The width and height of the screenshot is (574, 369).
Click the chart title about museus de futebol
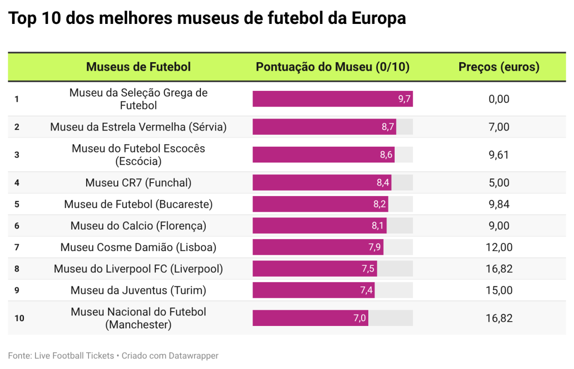207,19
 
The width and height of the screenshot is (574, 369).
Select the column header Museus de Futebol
138,67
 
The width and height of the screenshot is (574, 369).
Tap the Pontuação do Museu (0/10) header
332,67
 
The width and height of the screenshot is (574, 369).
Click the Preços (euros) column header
499,67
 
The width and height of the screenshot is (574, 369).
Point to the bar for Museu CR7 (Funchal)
321,183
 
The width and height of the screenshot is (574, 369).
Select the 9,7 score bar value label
404,99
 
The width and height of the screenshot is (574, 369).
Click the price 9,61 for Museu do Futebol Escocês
499,155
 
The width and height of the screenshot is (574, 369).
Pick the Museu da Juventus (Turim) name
138,290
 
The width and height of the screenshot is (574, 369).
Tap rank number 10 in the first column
19,318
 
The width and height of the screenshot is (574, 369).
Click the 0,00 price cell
499,99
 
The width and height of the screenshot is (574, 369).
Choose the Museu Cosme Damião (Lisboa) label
138,247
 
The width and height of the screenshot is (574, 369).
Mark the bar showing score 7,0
310,318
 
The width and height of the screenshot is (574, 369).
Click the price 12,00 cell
499,247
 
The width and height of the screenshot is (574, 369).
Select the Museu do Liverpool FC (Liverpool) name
138,269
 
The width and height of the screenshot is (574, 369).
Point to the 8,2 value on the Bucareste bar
380,204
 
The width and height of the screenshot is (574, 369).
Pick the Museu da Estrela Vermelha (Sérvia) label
138,127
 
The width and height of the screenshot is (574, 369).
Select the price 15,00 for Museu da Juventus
499,290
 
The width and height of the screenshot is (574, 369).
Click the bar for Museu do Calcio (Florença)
319,226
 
